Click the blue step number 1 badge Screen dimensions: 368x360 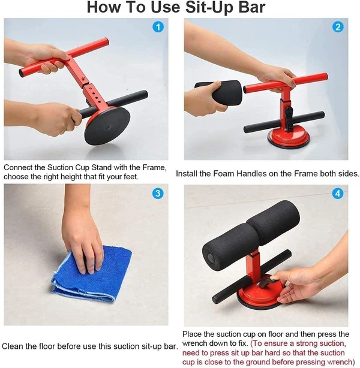(158, 27)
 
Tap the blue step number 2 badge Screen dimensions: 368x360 (338, 27)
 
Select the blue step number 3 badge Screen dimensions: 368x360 (158, 193)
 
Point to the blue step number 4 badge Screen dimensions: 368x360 (338, 193)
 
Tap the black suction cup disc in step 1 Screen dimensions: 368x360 (107, 126)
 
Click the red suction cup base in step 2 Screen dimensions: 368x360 (289, 137)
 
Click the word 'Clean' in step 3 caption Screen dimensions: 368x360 (14, 346)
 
